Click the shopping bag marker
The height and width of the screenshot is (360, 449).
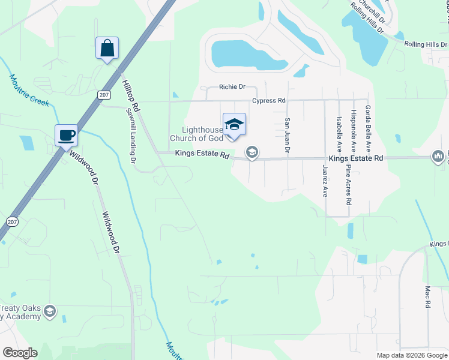(x=107, y=48)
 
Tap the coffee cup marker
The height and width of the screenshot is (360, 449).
(x=67, y=134)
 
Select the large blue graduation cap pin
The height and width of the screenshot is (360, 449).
(x=234, y=124)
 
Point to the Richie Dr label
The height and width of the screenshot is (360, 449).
(x=232, y=87)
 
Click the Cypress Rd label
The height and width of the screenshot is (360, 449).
(x=268, y=100)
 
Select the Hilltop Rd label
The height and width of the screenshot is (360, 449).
(x=131, y=97)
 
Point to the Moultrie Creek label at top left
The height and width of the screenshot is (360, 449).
(x=29, y=90)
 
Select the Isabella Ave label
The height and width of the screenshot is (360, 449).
(x=339, y=133)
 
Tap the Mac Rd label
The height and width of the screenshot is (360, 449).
(x=428, y=296)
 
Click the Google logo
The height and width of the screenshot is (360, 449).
(x=20, y=353)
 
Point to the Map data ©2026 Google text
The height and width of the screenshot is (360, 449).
(x=412, y=355)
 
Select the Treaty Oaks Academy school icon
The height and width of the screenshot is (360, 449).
(x=50, y=311)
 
